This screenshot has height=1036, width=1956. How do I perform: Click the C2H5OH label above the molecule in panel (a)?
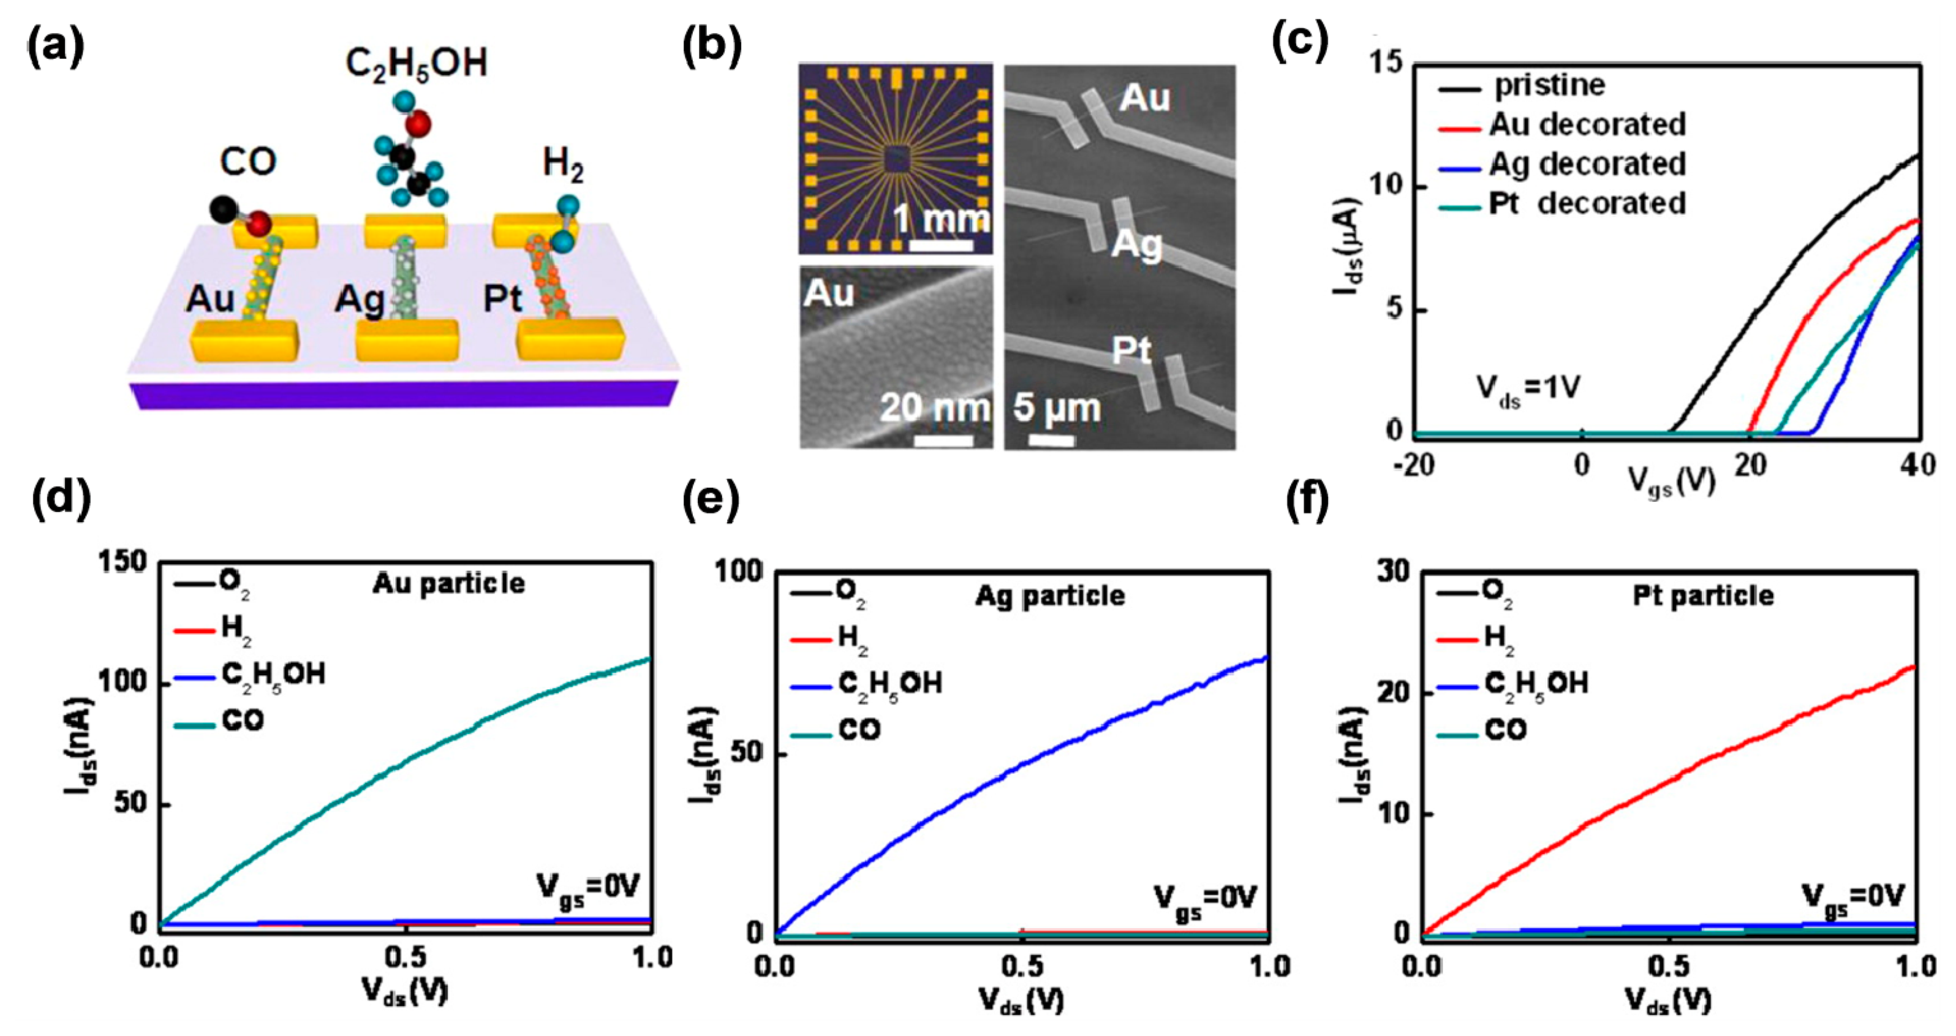tap(416, 63)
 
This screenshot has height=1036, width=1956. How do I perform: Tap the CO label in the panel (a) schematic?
tap(248, 162)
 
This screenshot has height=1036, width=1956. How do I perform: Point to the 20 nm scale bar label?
tap(935, 408)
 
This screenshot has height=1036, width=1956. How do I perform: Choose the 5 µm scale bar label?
tap(1056, 408)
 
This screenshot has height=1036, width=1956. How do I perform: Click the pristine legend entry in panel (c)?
tap(1549, 85)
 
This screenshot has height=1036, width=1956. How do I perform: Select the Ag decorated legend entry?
tap(1587, 164)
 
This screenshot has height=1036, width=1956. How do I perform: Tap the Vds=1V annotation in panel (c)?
tap(1528, 389)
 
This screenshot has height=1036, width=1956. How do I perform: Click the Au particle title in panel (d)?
tap(448, 583)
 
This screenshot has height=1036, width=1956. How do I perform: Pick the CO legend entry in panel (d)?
tap(243, 720)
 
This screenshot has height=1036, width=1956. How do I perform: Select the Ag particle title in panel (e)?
tap(1049, 596)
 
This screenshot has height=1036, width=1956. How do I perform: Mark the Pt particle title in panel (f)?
tap(1703, 596)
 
